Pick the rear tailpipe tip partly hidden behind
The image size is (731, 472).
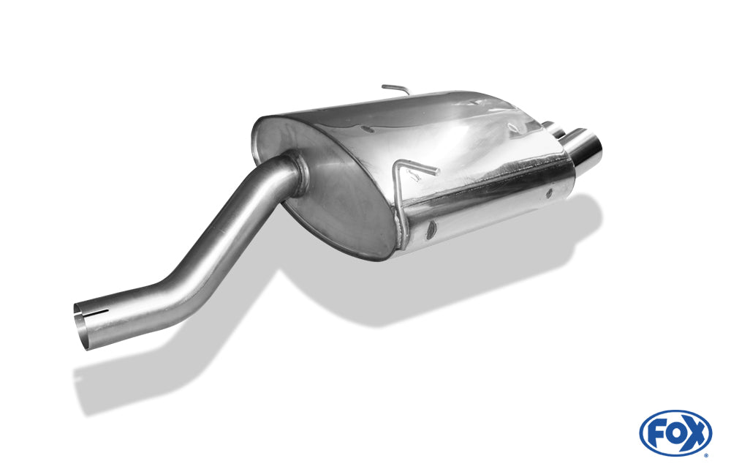553,128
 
